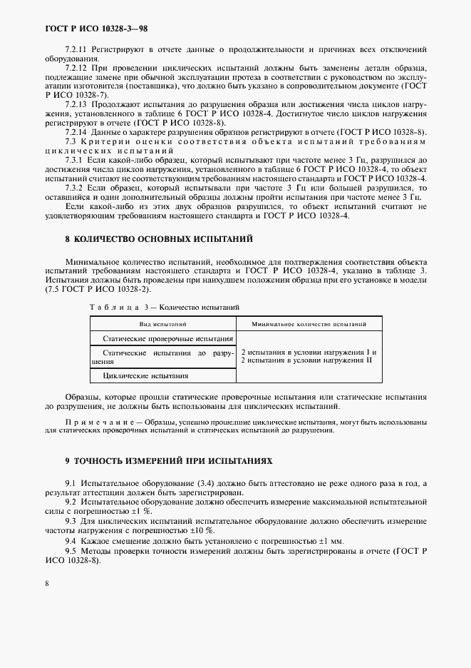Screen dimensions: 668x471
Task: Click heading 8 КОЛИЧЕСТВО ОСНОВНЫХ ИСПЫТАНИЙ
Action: pyautogui.click(x=149, y=239)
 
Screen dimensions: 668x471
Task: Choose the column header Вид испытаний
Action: pyautogui.click(x=162, y=323)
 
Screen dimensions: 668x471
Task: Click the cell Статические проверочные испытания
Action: pyautogui.click(x=167, y=339)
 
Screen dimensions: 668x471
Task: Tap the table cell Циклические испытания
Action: pyautogui.click(x=146, y=375)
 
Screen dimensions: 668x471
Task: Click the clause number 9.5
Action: pyautogui.click(x=71, y=551)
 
